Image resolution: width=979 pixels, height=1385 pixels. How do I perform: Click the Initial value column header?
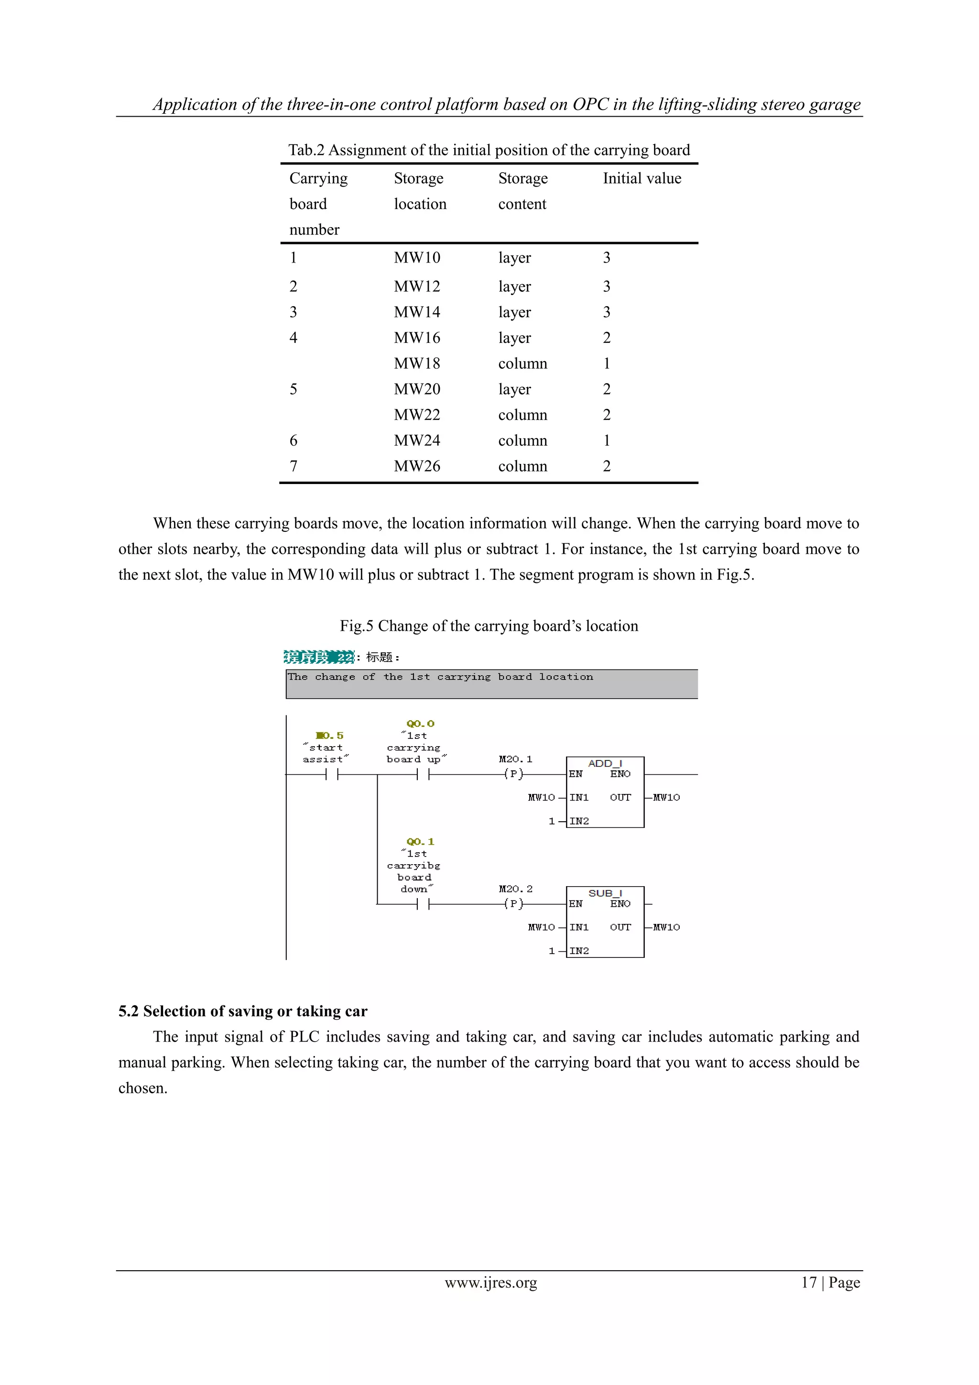(x=642, y=178)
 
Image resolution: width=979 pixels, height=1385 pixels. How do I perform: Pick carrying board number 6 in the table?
(x=294, y=440)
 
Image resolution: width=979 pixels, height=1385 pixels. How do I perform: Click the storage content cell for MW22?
(x=522, y=415)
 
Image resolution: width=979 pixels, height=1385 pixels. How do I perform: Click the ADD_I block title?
(x=605, y=763)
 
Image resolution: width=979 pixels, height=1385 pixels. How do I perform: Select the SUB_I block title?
(x=605, y=893)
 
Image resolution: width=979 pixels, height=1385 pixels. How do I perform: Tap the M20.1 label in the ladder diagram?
(x=515, y=759)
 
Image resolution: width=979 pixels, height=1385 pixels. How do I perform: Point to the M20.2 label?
(x=515, y=889)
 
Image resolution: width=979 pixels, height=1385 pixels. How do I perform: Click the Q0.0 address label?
(x=420, y=723)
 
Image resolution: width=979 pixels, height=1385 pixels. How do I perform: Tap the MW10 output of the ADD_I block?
(x=666, y=797)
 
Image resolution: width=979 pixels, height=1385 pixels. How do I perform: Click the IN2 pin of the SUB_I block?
(x=579, y=951)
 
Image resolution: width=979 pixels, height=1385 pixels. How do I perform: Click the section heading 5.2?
(x=242, y=1011)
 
